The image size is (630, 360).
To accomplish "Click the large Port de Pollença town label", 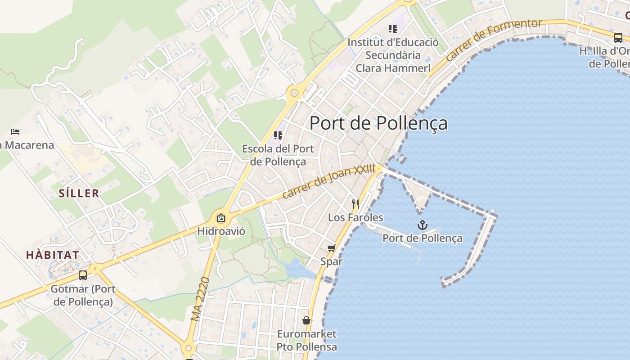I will click(x=378, y=123).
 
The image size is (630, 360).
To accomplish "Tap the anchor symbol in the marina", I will click(x=422, y=225).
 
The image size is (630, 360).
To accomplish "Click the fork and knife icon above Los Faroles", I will click(x=355, y=204).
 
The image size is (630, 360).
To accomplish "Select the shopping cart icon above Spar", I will click(x=332, y=248).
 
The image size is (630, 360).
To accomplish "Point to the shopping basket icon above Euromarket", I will click(x=306, y=320).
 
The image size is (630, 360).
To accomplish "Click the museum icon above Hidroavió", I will click(x=221, y=218).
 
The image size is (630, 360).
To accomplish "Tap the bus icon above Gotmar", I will click(x=83, y=275).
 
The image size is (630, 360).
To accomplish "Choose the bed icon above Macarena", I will click(x=15, y=132).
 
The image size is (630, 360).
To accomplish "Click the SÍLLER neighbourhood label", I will click(x=79, y=193).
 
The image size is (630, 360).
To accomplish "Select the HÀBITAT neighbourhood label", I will click(x=53, y=255).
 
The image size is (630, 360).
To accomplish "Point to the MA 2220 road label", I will click(x=200, y=299).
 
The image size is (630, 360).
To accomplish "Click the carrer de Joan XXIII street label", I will click(x=328, y=181).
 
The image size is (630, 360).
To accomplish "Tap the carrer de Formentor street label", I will click(x=493, y=40).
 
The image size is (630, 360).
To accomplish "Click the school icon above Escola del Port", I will click(x=278, y=135).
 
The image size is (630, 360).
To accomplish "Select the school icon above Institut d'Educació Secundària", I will click(x=393, y=29).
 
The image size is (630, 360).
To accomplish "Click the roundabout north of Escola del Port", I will click(x=294, y=93).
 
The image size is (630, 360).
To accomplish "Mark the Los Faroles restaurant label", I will click(x=355, y=218).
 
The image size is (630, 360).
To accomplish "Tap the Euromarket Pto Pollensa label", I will click(x=306, y=340).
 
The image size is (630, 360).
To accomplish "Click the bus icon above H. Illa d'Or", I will click(x=618, y=37).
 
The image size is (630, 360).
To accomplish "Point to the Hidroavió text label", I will click(x=221, y=231).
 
